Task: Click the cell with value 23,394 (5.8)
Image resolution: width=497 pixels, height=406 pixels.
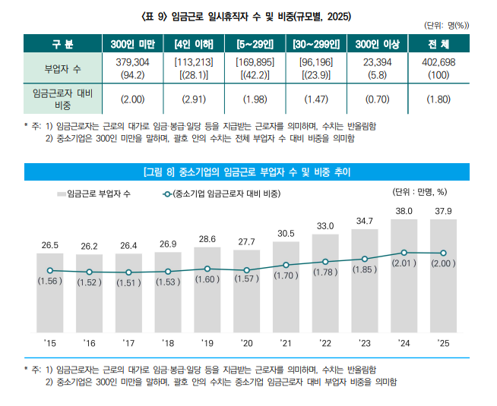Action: pyautogui.click(x=378, y=68)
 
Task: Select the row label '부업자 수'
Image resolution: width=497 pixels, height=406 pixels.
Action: pyautogui.click(x=61, y=68)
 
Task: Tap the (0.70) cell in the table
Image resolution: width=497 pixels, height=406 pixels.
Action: pyautogui.click(x=378, y=99)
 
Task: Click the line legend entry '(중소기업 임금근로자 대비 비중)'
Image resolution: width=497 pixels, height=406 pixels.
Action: pyautogui.click(x=220, y=194)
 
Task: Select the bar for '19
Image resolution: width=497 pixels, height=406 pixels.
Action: pyautogui.click(x=207, y=288)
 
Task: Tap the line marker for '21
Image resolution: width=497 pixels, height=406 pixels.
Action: pyautogui.click(x=286, y=265)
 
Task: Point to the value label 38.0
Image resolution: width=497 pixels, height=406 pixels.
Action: pyautogui.click(x=404, y=210)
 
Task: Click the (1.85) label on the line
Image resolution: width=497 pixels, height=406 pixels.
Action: pyautogui.click(x=365, y=269)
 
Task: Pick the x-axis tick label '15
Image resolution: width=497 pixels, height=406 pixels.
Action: pyautogui.click(x=49, y=344)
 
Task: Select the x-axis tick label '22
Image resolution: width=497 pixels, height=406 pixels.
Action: pyautogui.click(x=325, y=344)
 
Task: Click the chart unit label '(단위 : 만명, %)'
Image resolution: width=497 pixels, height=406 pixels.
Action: pyautogui.click(x=419, y=191)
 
